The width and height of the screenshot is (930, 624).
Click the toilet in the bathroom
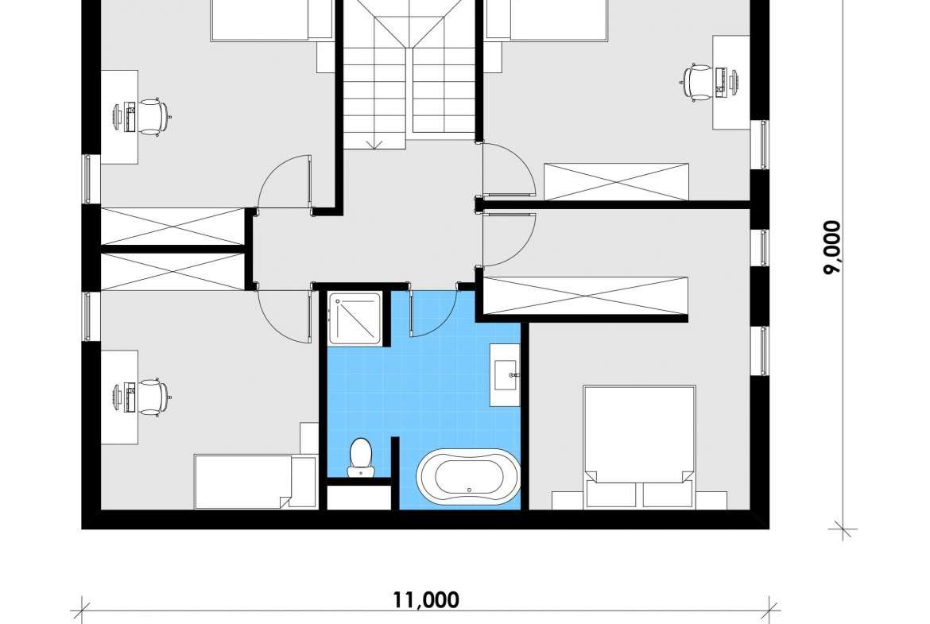tap(360, 457)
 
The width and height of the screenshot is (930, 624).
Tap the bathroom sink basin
tap(505, 375)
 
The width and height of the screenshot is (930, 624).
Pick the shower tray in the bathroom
tap(356, 318)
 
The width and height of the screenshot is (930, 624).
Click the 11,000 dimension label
tap(426, 599)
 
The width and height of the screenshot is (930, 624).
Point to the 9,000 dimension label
tap(832, 248)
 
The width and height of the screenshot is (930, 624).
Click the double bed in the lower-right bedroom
tap(639, 447)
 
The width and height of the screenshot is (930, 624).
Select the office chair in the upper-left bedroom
tap(153, 117)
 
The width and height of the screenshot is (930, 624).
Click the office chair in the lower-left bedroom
tap(153, 397)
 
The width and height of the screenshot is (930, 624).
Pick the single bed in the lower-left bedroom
tap(255, 482)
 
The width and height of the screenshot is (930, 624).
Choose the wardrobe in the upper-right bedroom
tap(616, 182)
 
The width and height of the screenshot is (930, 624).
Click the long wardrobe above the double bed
tap(585, 296)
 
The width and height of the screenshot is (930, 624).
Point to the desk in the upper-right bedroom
tap(730, 83)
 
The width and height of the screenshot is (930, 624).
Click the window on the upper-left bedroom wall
tap(87, 179)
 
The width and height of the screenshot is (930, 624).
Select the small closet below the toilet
tap(358, 497)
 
